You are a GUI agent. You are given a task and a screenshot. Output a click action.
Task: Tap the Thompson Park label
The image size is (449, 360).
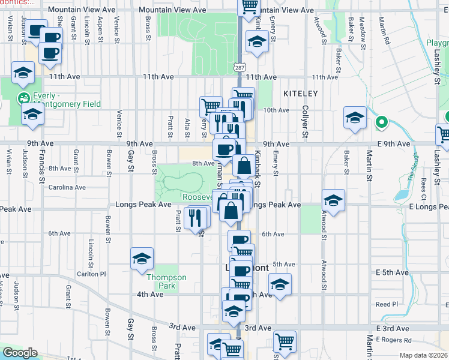coord(167,281)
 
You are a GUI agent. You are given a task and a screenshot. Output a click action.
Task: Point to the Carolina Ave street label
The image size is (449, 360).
coord(68,187)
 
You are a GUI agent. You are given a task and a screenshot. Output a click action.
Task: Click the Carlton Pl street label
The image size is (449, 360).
coord(91,274)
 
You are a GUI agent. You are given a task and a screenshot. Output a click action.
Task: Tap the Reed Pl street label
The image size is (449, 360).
coord(387,304)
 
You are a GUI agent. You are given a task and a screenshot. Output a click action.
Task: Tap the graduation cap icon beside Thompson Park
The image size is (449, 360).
coord(141,259)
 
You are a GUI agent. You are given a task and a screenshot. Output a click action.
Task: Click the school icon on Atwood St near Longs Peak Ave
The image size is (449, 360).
coord(333,201)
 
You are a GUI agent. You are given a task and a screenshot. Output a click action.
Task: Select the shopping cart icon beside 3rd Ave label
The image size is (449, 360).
coord(285,343)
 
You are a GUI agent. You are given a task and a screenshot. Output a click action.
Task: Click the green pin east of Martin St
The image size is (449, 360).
coord(380,124)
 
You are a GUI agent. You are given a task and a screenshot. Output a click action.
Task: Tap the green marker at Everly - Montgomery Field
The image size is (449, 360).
coord(24,98)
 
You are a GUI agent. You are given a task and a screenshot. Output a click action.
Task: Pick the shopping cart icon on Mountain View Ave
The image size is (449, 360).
coord(249,7)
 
